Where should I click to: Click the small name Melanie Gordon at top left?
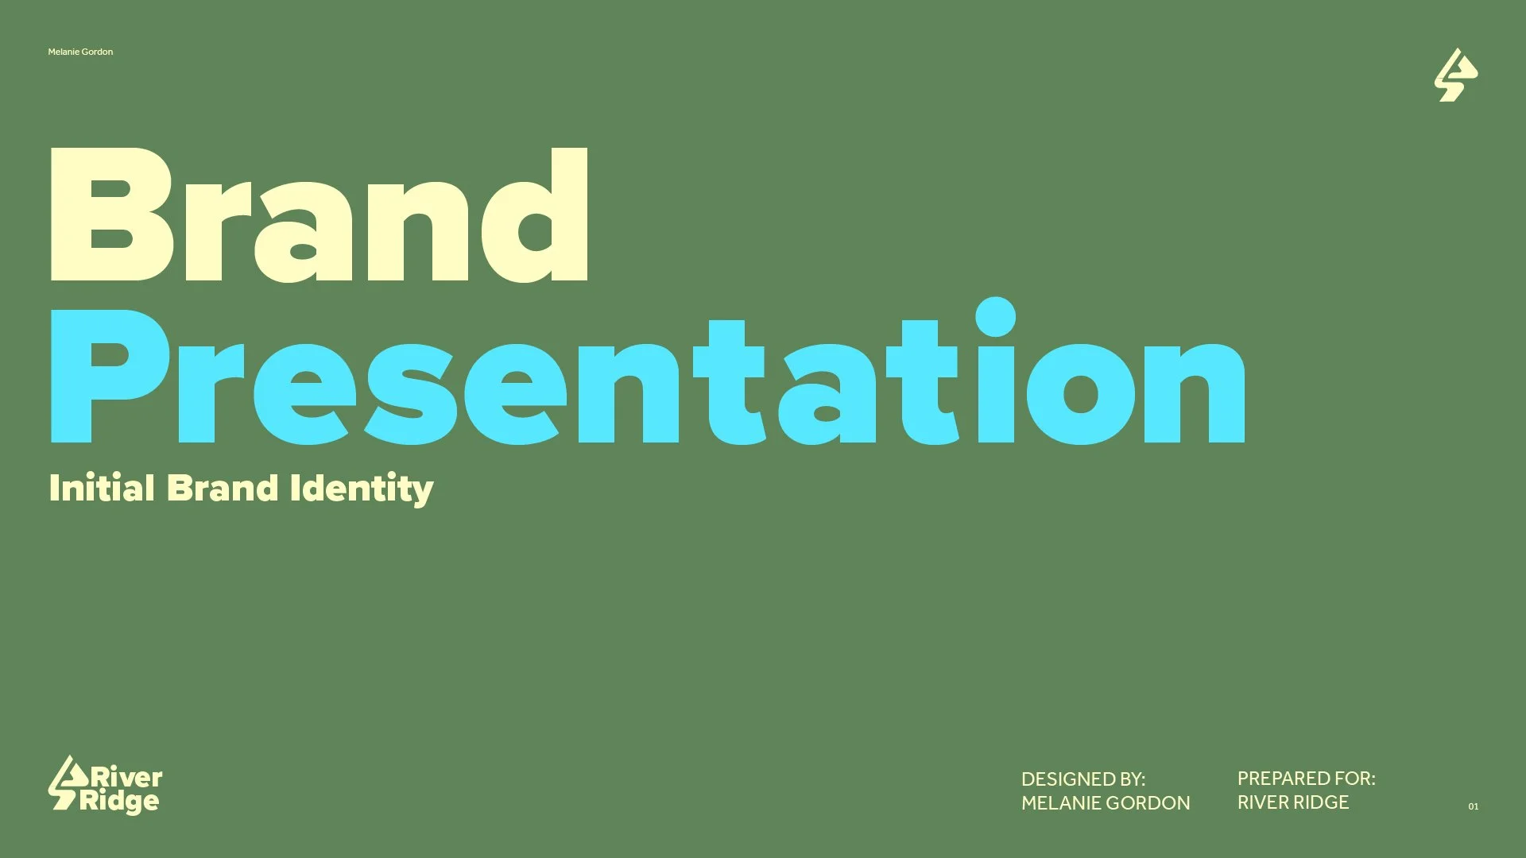click(80, 52)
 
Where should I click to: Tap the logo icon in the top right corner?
click(1455, 75)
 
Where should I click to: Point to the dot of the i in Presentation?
click(995, 317)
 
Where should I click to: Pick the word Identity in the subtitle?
click(362, 489)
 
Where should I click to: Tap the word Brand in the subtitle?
click(223, 487)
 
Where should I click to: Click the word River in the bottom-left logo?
click(127, 776)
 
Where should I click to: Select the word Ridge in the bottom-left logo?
click(119, 802)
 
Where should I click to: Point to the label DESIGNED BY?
click(1083, 779)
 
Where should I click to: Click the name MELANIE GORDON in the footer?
click(1105, 803)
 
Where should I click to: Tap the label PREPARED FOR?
click(1306, 779)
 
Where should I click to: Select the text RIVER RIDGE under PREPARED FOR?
click(1292, 802)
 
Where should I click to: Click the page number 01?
click(1473, 806)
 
